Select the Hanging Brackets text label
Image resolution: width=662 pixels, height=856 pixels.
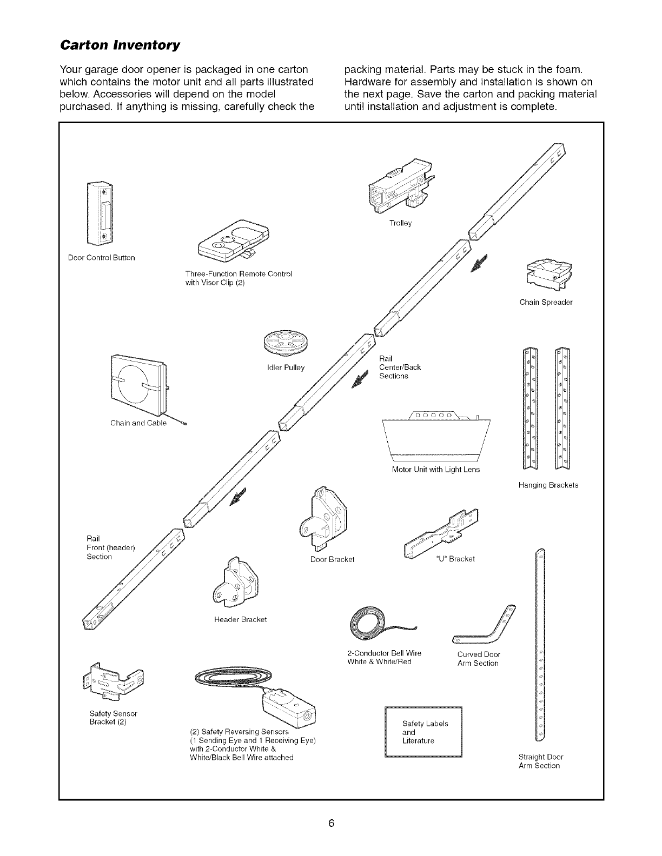pyautogui.click(x=548, y=485)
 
